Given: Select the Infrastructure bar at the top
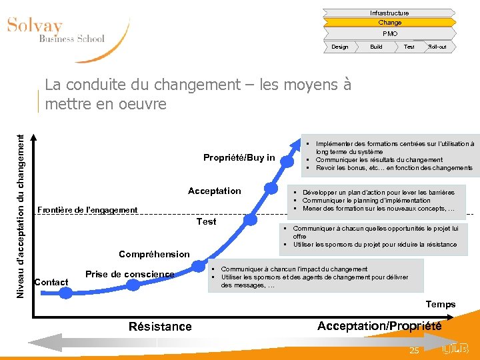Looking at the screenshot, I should (389, 13).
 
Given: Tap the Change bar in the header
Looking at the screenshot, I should (389, 23).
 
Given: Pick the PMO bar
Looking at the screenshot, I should (389, 33).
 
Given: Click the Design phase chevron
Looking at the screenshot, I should (340, 47).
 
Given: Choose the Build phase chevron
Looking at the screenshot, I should (376, 47).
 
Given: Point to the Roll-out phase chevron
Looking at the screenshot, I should (438, 47).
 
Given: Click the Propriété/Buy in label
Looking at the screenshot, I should (239, 157).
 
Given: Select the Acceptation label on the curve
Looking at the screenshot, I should (214, 191).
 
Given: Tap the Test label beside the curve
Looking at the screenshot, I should (206, 221).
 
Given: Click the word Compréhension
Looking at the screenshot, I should (154, 254).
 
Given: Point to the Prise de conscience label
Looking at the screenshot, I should (129, 274).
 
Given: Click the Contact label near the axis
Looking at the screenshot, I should (51, 282).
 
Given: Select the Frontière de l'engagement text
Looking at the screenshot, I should (87, 210).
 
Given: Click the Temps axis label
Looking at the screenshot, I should (441, 304).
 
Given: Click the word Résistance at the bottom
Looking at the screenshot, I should (159, 326).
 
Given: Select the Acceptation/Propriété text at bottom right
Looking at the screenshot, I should (379, 325).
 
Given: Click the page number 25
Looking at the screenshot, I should (414, 350).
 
